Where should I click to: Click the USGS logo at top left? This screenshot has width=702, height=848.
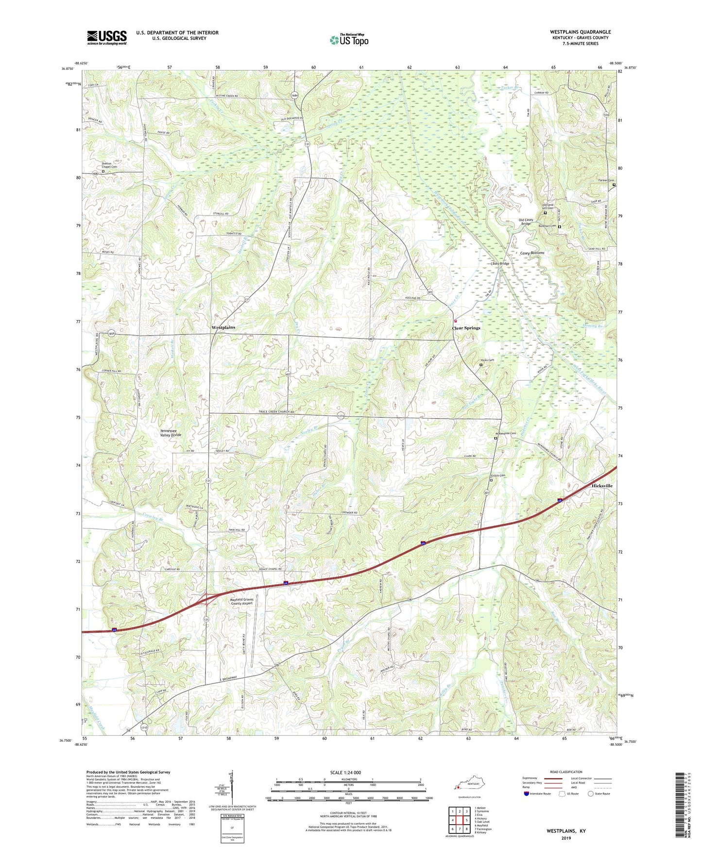[107, 37]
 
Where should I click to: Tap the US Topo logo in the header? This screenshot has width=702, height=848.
[348, 40]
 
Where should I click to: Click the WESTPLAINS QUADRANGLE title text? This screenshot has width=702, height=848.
[581, 32]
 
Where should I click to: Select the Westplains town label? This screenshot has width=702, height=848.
[223, 327]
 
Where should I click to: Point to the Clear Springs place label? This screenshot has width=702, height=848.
[466, 328]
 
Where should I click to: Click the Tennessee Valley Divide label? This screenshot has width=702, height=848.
[171, 433]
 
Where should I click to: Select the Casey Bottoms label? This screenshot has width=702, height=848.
[532, 253]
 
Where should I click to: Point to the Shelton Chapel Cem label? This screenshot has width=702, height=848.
[109, 165]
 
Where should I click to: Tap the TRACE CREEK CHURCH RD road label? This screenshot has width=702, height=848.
[275, 412]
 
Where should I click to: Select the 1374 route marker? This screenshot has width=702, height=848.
[342, 416]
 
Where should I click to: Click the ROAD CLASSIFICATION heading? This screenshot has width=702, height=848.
[566, 772]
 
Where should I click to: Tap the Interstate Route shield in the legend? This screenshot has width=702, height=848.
[527, 794]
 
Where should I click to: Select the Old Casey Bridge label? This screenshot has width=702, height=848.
[526, 222]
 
